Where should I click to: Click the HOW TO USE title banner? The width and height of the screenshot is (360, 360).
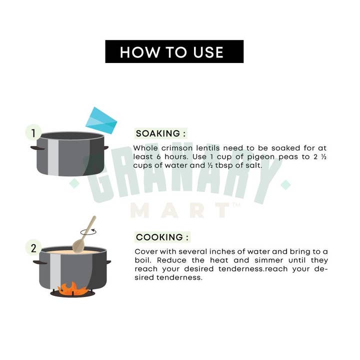tap(174, 51)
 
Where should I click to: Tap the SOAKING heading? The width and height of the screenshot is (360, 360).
tap(160, 133)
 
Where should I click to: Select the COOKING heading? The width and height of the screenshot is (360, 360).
tap(162, 237)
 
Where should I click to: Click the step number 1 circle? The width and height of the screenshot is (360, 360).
tap(33, 132)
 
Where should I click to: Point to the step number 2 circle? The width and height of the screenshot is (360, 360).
tap(33, 247)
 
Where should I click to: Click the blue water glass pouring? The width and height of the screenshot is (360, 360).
tap(101, 120)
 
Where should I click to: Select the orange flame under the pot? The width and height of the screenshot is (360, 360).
tap(72, 288)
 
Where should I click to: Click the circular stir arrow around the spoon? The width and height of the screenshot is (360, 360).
tap(88, 231)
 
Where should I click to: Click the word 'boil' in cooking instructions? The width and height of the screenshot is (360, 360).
tap(142, 260)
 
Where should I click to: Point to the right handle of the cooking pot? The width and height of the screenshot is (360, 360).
tap(108, 262)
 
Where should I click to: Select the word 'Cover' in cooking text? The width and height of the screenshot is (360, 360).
tap(146, 251)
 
